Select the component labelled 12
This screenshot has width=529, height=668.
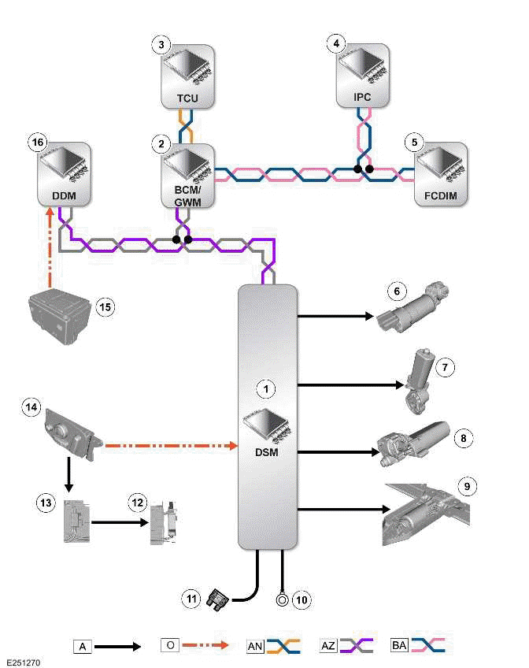click(x=166, y=522)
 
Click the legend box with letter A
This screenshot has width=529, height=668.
click(x=83, y=646)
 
